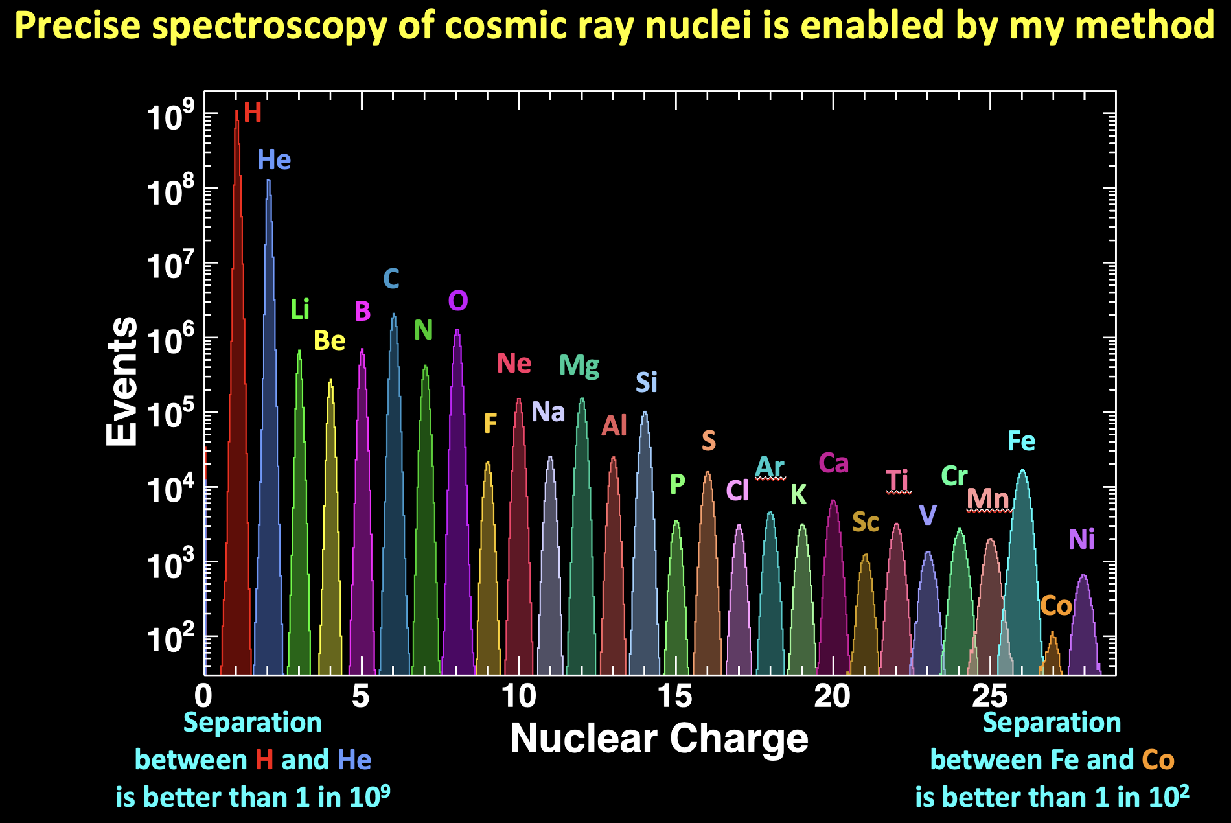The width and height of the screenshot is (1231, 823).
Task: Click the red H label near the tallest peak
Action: pos(253,113)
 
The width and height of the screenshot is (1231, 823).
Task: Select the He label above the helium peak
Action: pos(273,160)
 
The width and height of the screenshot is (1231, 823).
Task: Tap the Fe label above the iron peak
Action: pos(1021,442)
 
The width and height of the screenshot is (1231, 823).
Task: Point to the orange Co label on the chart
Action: pos(1055,607)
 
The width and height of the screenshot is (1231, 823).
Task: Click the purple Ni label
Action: pos(1081,539)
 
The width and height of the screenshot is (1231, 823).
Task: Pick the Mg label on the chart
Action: pos(579,366)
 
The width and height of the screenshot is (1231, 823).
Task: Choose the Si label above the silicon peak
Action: pos(646,383)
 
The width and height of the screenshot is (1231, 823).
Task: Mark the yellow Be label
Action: pos(329,341)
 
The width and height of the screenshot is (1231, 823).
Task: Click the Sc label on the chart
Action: pos(865,522)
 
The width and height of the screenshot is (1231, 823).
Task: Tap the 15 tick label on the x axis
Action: pos(675,697)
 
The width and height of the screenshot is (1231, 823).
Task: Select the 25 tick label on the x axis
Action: pos(989,697)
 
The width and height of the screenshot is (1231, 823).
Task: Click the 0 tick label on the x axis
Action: pos(203,697)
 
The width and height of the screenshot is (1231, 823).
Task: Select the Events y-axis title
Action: pos(122,382)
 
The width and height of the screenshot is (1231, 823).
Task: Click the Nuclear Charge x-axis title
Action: pos(659,738)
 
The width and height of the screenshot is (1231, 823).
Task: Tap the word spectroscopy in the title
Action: pos(266,26)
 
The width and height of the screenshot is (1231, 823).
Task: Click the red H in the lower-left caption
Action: pos(264,760)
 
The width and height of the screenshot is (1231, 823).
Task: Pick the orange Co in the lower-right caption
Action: pos(1158,760)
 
